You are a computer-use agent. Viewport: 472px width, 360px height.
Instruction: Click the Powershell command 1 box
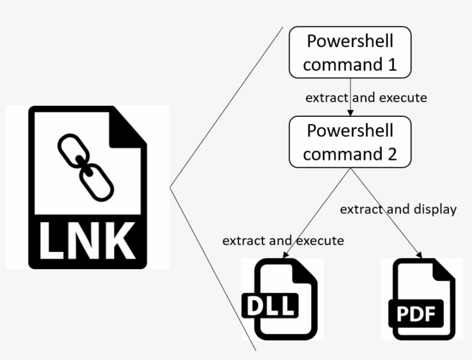tap(350, 52)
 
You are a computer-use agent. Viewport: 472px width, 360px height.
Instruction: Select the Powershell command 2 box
tap(350, 141)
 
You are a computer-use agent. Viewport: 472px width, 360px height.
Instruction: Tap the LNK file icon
tap(87, 187)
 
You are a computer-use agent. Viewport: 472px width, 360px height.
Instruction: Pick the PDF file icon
tap(421, 300)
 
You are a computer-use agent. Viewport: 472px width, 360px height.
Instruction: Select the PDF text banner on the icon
tap(416, 314)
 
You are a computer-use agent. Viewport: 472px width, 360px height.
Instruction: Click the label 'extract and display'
tap(398, 209)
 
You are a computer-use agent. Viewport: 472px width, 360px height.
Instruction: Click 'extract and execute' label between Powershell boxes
tap(366, 98)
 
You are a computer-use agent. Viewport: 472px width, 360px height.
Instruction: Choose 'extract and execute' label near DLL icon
tap(283, 240)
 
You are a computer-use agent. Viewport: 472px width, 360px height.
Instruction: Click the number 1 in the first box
tap(391, 64)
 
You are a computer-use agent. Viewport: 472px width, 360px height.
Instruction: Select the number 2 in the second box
tap(391, 154)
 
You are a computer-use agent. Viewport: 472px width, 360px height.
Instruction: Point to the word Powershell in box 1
tap(350, 41)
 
